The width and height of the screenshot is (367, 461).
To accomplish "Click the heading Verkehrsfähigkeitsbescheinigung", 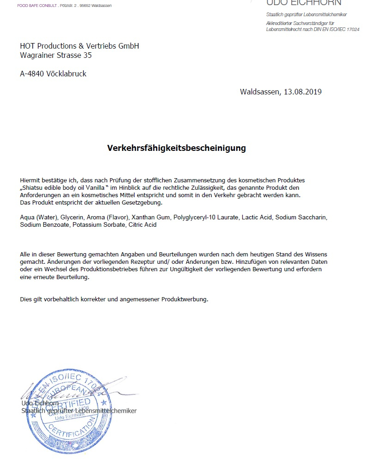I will pyautogui.click(x=177, y=149).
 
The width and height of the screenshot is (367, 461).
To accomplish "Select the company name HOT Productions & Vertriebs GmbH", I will pyautogui.click(x=80, y=46).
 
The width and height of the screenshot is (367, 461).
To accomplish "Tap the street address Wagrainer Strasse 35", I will pyautogui.click(x=56, y=56).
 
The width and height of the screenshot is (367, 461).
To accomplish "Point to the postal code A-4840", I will pyautogui.click(x=32, y=74).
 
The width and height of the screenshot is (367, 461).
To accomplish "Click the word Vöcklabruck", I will pyautogui.click(x=67, y=74).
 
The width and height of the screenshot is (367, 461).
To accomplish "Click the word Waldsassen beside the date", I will pyautogui.click(x=258, y=92).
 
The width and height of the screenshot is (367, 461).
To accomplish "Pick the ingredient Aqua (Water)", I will pyautogui.click(x=38, y=217).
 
